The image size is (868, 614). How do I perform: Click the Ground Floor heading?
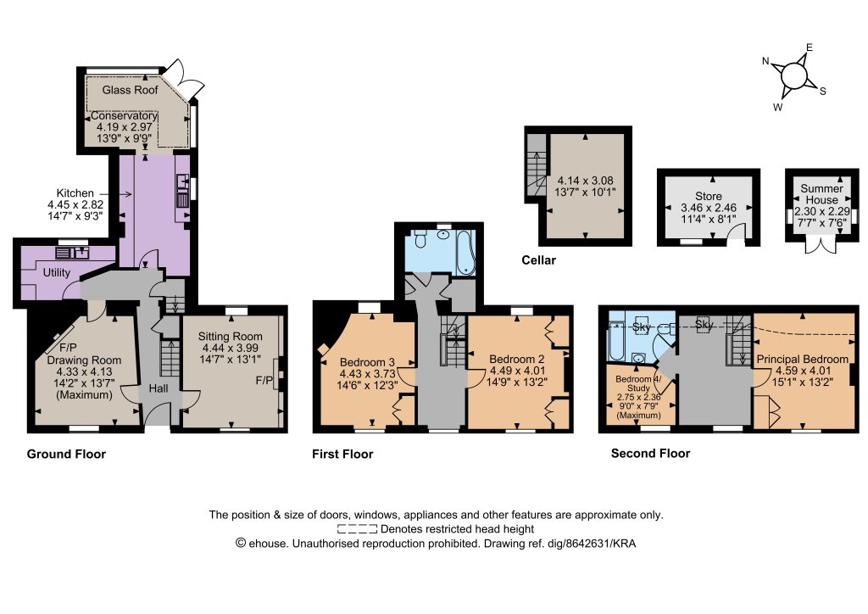click(66, 454)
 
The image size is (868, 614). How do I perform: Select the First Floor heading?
click(342, 454)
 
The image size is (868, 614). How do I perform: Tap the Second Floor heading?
click(650, 454)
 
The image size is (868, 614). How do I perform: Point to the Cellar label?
click(538, 260)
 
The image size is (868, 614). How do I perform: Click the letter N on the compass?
click(765, 61)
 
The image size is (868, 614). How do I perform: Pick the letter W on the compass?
click(778, 108)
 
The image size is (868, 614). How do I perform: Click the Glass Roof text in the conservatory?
click(130, 90)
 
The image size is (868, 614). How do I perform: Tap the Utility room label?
click(57, 272)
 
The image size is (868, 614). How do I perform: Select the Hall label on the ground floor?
click(159, 388)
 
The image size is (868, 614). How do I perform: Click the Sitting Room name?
click(231, 336)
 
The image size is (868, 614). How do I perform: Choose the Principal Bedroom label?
click(802, 360)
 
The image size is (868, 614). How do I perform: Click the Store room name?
click(709, 196)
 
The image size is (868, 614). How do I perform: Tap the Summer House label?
click(821, 193)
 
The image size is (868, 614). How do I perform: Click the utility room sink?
click(73, 253)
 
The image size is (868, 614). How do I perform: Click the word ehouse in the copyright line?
click(268, 543)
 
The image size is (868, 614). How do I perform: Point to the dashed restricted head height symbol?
click(357, 528)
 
